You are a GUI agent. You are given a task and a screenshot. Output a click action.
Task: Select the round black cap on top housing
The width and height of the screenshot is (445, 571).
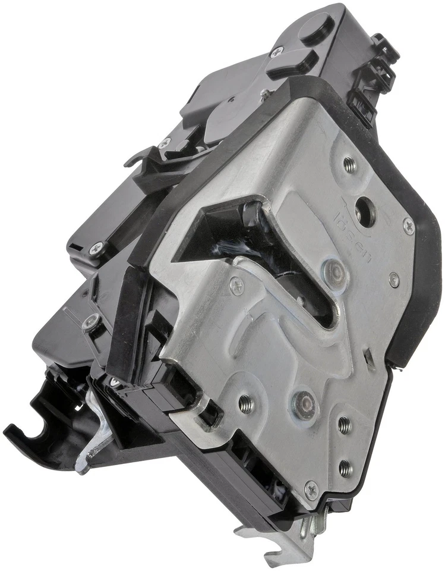click(317, 27)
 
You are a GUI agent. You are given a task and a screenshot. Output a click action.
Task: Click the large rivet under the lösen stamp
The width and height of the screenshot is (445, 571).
click(337, 271)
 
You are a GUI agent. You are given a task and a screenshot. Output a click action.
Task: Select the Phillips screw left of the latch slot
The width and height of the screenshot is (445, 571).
click(236, 287)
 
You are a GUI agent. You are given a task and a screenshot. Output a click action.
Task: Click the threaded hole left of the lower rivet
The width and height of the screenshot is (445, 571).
click(246, 404)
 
